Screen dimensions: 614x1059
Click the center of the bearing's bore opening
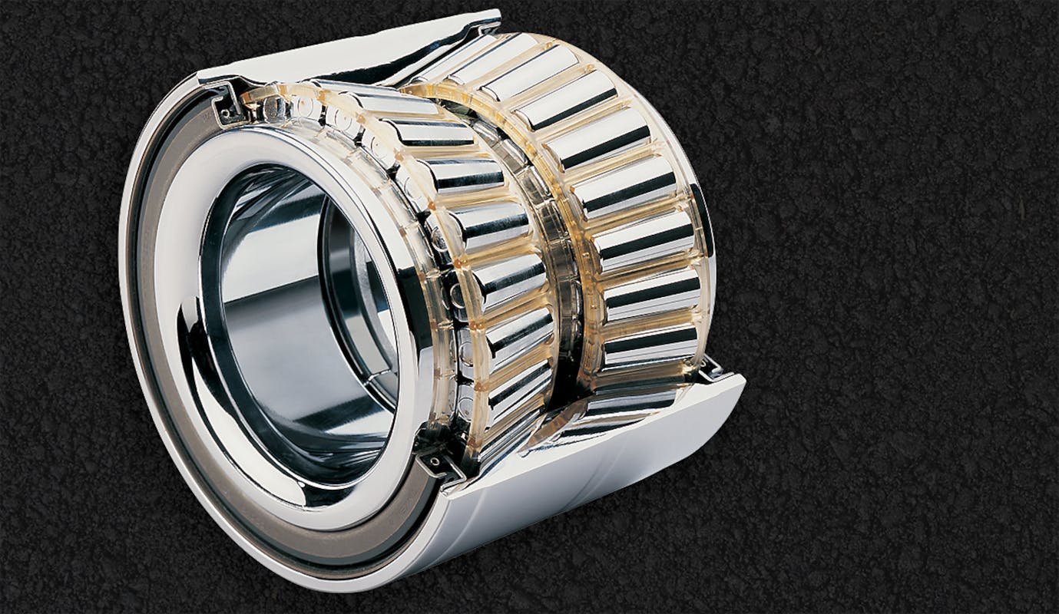tap(299, 322)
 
